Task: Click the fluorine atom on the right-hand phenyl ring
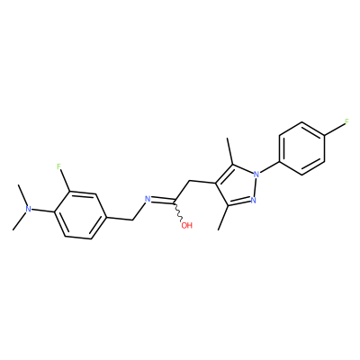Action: [346, 121]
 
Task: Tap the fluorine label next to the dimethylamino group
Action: [59, 166]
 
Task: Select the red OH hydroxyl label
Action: [186, 225]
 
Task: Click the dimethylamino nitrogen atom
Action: [28, 209]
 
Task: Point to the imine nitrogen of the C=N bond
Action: [147, 199]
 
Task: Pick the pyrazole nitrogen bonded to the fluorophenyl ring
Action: [256, 174]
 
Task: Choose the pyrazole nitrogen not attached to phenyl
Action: [254, 199]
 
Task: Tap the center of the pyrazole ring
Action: [237, 186]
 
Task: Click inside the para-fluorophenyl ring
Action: [301, 148]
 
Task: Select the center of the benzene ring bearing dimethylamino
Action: [80, 214]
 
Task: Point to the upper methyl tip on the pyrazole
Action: [228, 139]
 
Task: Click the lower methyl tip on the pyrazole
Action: [219, 230]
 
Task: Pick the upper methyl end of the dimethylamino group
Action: [19, 184]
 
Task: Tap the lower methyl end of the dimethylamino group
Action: [13, 230]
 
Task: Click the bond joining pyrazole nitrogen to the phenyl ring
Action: [269, 167]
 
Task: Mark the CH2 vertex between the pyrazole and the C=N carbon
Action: [189, 181]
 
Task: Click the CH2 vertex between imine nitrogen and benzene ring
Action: [132, 220]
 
